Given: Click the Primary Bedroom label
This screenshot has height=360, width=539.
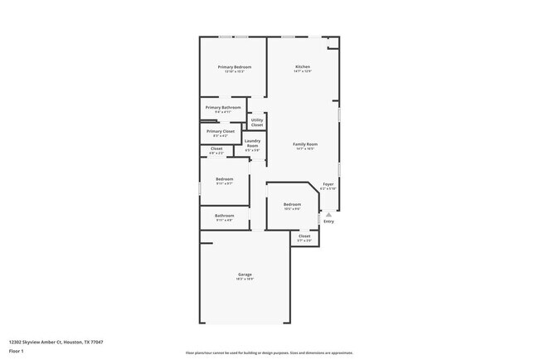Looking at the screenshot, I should tap(235, 66).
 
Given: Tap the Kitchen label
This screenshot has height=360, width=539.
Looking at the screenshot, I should tap(303, 66).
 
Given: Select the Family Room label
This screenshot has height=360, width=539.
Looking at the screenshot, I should tap(305, 144).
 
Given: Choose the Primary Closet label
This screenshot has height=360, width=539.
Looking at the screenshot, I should tap(221, 131).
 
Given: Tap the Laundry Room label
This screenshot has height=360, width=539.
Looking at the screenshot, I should tap(253, 143).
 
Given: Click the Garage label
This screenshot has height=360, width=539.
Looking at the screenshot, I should tap(245, 274).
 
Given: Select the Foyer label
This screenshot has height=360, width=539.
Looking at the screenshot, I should tap(328, 184).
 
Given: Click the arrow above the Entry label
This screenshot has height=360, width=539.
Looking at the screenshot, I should tap(328, 214).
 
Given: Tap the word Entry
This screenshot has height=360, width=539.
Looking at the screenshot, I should tap(328, 221).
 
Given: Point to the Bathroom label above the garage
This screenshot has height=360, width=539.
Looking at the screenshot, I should tap(224, 216).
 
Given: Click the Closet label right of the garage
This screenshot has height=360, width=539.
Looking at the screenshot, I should tap(304, 236).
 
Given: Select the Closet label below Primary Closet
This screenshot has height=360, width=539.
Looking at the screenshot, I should tap(216, 148).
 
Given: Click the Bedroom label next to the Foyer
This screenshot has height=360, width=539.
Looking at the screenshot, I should tap(292, 204).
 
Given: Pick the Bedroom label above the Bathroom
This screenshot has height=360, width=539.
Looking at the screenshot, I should tap(224, 179).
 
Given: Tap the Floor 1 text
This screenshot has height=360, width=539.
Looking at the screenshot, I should tap(17, 351).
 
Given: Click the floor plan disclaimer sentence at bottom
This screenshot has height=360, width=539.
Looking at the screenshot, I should tap(269, 353).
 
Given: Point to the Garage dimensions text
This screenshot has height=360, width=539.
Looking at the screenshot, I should tap(245, 279).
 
